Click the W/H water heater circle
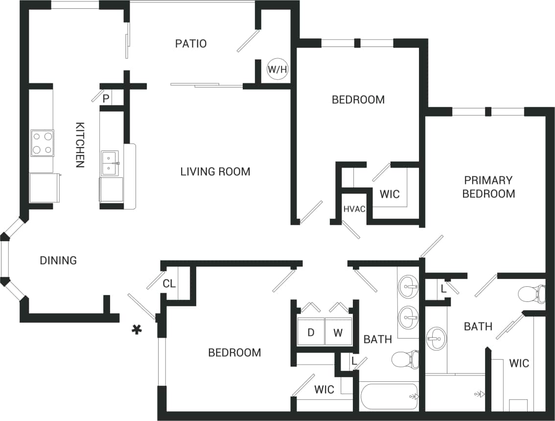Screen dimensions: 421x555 [x=277, y=69]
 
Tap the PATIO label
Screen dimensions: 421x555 [x=191, y=44]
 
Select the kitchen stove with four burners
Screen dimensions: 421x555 [x=42, y=143]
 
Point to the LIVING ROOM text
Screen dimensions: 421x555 [x=215, y=172]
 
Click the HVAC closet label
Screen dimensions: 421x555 [x=354, y=209]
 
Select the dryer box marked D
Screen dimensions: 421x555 [x=311, y=333]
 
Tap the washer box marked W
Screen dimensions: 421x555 [x=338, y=333]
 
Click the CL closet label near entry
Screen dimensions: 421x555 [x=169, y=284]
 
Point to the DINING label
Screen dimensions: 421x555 [x=58, y=260]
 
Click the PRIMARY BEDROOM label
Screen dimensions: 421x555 [x=488, y=187]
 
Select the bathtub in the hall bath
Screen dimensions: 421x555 [x=389, y=397]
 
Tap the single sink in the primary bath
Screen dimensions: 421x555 [x=436, y=338]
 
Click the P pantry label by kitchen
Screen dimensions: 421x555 [x=106, y=98]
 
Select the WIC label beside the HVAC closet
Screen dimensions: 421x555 [x=390, y=194]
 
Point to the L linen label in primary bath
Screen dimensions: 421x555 [x=443, y=289]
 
